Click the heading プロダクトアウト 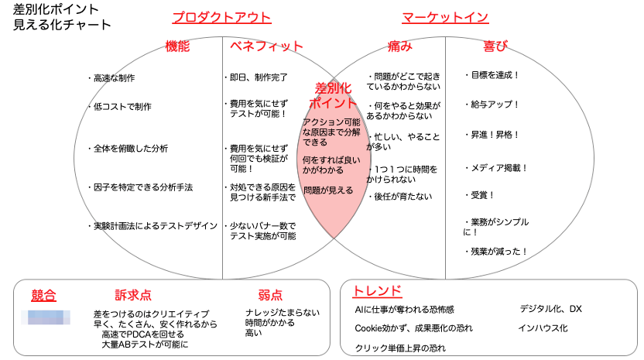[x=221, y=18]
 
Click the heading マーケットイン [x=445, y=18]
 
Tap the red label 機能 [x=177, y=46]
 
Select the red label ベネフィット [x=266, y=46]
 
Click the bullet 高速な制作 [x=116, y=78]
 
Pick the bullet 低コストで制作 [x=120, y=107]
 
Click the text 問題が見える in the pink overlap [x=329, y=190]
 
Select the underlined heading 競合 [x=44, y=294]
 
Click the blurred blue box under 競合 [x=50, y=316]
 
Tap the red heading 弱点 [x=270, y=295]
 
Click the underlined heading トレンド [x=377, y=291]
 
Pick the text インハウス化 [x=543, y=328]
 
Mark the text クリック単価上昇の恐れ [x=400, y=348]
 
